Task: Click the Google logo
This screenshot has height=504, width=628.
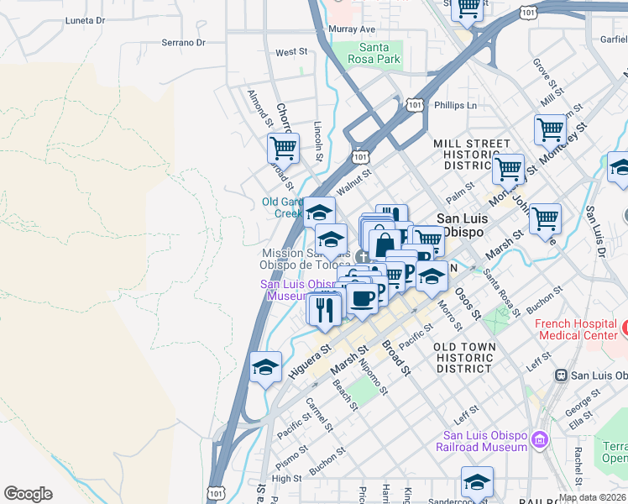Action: pos(28,494)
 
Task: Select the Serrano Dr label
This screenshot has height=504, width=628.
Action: pos(183,42)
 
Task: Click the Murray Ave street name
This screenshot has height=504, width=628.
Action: pos(351,29)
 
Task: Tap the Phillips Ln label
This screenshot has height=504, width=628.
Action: pos(455,105)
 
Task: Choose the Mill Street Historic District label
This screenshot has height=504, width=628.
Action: pos(471,155)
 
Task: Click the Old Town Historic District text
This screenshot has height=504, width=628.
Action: pos(464,357)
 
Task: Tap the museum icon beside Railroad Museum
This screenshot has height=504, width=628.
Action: pos(539,439)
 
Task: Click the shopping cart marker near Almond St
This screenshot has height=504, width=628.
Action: pos(284,149)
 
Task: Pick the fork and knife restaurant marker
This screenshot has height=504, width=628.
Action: pos(324,308)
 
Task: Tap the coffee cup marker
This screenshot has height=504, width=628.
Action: pos(362,298)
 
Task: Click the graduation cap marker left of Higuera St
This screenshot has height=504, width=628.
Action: pos(266,367)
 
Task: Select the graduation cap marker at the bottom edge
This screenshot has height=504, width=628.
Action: pos(477,482)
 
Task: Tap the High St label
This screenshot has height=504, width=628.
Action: pos(286,479)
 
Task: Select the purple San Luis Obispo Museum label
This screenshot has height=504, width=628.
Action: pos(290,290)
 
